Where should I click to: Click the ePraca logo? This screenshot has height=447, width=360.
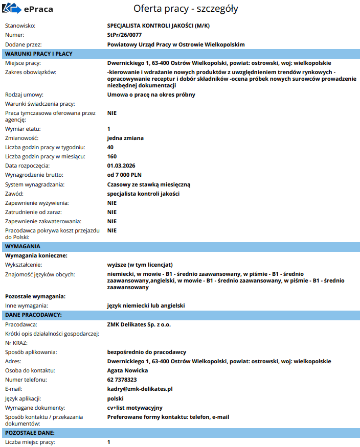[x=27, y=9]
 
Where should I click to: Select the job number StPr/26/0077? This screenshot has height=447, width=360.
[x=125, y=35]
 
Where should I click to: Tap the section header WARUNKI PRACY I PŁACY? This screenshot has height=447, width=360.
[x=38, y=54]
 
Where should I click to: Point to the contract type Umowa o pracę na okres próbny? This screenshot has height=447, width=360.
[x=151, y=95]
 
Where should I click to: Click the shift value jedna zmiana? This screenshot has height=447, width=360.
[x=125, y=138]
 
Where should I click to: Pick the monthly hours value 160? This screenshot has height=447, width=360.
[x=112, y=156]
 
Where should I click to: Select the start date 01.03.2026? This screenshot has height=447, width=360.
[x=121, y=166]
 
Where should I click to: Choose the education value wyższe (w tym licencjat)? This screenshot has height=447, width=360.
[x=140, y=265]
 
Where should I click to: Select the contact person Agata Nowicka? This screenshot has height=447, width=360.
[x=127, y=370]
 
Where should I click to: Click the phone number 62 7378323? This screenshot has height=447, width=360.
[x=122, y=380]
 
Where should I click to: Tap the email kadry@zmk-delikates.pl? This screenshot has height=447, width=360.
[x=140, y=389]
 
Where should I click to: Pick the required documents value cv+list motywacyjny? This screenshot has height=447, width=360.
[x=134, y=407]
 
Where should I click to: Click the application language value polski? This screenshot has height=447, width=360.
[x=116, y=398]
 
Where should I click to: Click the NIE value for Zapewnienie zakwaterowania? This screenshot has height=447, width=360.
[x=112, y=221]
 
